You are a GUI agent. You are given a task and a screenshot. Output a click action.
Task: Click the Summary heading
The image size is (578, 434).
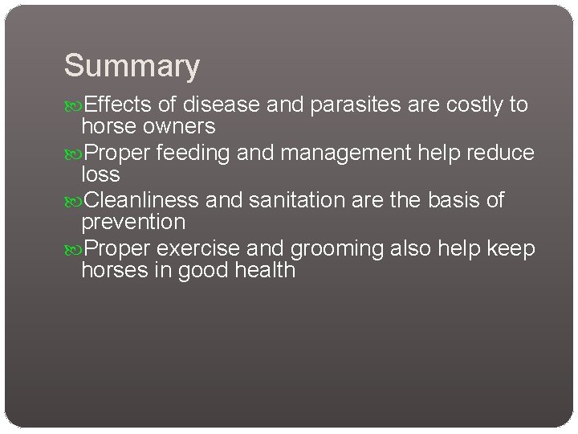(132, 67)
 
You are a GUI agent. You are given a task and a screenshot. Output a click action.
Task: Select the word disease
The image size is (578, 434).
(222, 104)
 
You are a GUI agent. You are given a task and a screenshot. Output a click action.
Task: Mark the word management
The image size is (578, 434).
(348, 154)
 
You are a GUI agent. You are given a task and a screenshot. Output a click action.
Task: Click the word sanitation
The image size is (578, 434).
(298, 201)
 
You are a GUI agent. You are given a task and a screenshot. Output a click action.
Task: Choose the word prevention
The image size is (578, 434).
(133, 223)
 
